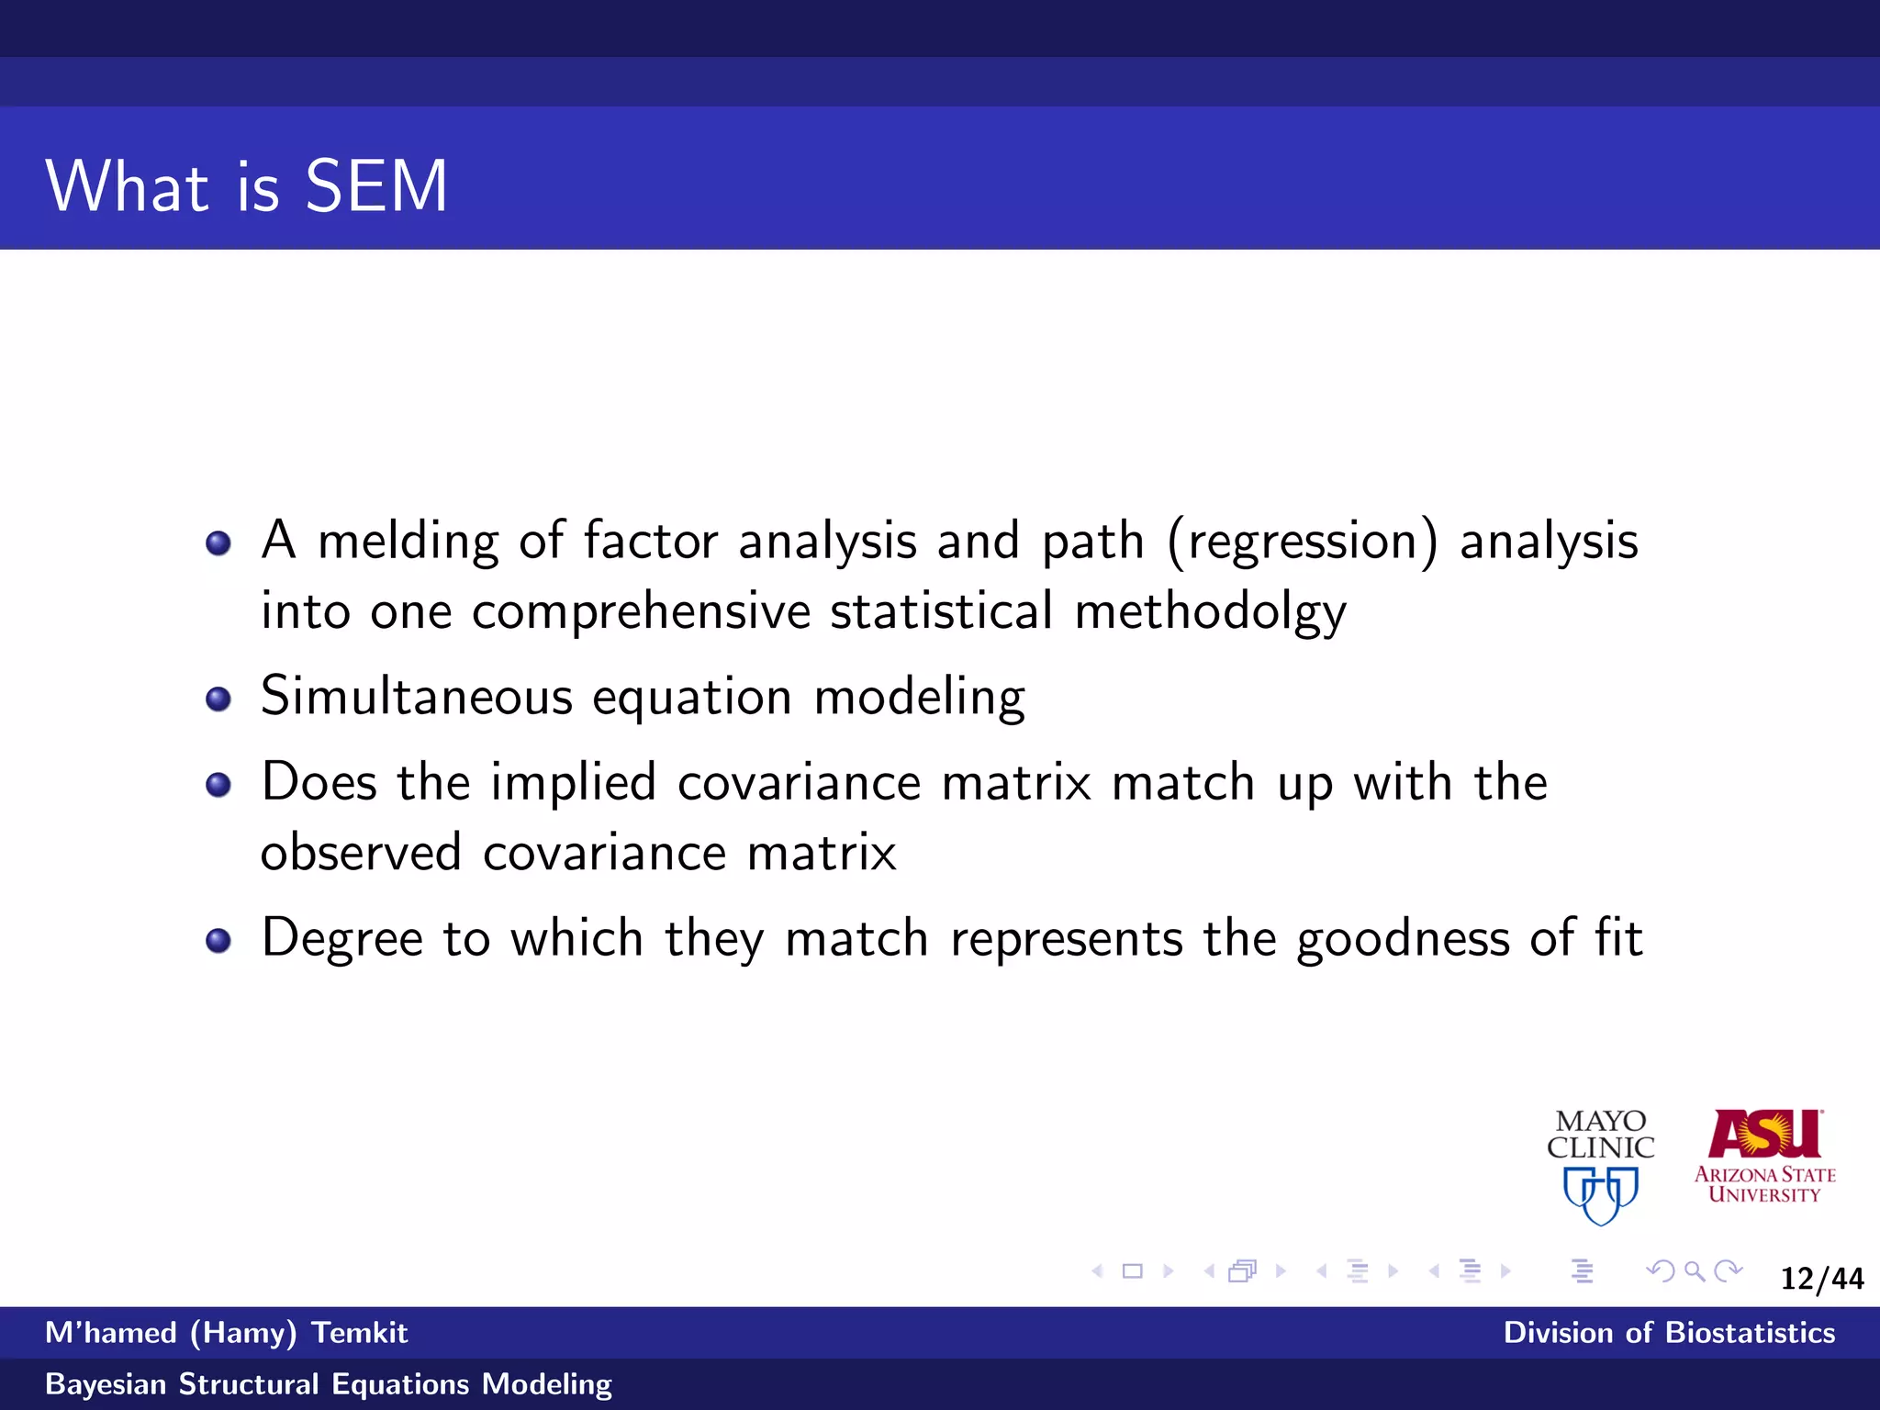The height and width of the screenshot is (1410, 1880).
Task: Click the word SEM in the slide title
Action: pos(375,186)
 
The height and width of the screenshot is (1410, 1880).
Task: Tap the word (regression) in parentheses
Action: pos(1303,541)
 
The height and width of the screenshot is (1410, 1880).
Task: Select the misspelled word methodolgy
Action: pos(1210,612)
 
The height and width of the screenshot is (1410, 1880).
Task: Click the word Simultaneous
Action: pos(417,697)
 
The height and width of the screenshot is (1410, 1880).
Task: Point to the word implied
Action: pos(573,783)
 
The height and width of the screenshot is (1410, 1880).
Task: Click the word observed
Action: pos(361,853)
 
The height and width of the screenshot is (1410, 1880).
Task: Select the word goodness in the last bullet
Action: pos(1403,939)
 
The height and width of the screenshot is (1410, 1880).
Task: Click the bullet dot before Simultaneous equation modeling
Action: pos(218,699)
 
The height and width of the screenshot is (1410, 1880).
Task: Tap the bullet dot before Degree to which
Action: pos(218,941)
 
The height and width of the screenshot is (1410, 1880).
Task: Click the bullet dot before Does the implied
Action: pos(218,785)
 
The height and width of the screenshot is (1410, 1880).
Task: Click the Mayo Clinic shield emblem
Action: pos(1600,1194)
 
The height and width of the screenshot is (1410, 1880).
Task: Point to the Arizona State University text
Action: pos(1764,1184)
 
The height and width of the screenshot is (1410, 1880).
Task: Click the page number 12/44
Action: pos(1821,1279)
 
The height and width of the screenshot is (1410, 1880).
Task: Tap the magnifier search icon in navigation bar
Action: pos(1695,1271)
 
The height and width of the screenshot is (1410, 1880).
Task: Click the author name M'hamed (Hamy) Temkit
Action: pos(226,1333)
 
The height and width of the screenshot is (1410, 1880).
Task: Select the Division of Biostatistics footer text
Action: pos(1668,1333)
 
